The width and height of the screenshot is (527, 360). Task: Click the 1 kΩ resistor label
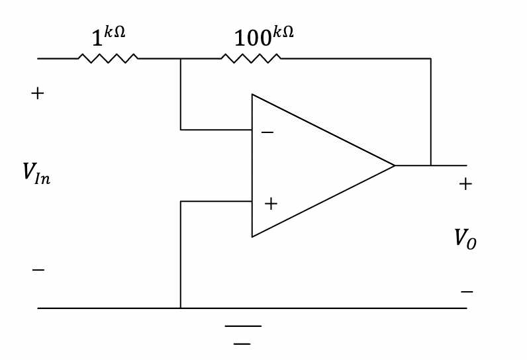(x=108, y=37)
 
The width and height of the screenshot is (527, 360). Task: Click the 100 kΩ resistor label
(x=263, y=37)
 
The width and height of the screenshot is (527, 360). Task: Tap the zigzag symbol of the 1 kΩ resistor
(x=108, y=58)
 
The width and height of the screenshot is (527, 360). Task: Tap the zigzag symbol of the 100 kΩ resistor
(x=251, y=58)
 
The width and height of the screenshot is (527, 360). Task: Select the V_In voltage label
(x=36, y=173)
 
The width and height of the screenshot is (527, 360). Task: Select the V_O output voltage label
(x=465, y=238)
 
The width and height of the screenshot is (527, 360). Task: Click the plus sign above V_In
(x=38, y=93)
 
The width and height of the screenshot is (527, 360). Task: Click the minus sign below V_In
(x=38, y=270)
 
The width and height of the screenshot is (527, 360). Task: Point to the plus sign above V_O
(x=465, y=184)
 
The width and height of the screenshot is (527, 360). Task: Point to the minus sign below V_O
(x=467, y=291)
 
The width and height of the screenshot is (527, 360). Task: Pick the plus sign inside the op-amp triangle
(x=270, y=204)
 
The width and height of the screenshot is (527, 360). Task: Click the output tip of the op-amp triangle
(x=395, y=165)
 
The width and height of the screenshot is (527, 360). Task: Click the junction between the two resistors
(x=180, y=58)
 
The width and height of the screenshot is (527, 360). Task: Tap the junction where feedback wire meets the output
(x=431, y=165)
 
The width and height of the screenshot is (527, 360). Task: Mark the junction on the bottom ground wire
(x=180, y=308)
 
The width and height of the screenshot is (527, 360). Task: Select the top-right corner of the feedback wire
(x=431, y=58)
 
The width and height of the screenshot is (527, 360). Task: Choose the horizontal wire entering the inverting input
(x=216, y=130)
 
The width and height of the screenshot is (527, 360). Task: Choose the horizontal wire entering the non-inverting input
(x=216, y=201)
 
